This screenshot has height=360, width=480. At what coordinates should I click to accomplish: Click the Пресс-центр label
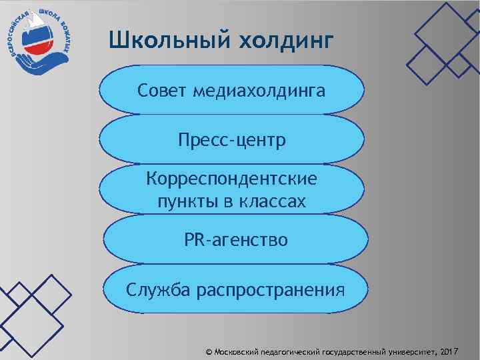point(231,141)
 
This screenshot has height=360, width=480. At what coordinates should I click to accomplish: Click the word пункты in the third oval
point(183,201)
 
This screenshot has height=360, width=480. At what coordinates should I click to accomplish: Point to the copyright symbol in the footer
point(209,350)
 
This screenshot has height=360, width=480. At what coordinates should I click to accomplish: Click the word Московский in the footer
point(239,350)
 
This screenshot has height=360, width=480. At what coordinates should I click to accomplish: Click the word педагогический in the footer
point(295,350)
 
